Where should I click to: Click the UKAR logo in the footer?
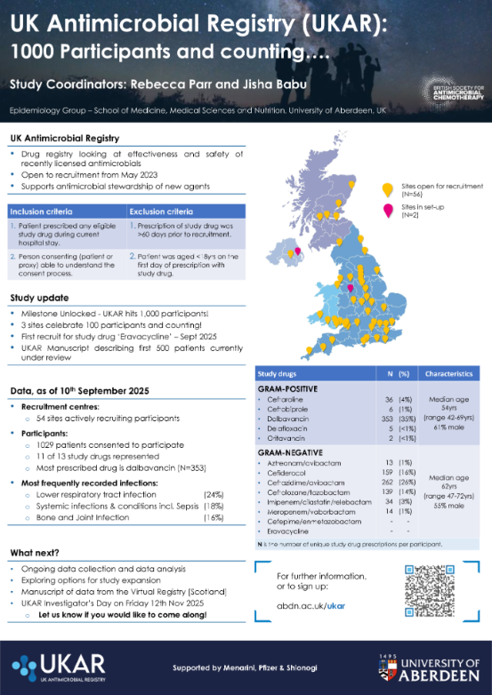click(x=59, y=666)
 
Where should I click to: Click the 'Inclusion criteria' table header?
click(x=41, y=212)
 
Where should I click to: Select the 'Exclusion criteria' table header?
click(x=160, y=212)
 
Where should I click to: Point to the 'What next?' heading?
click(x=36, y=552)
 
